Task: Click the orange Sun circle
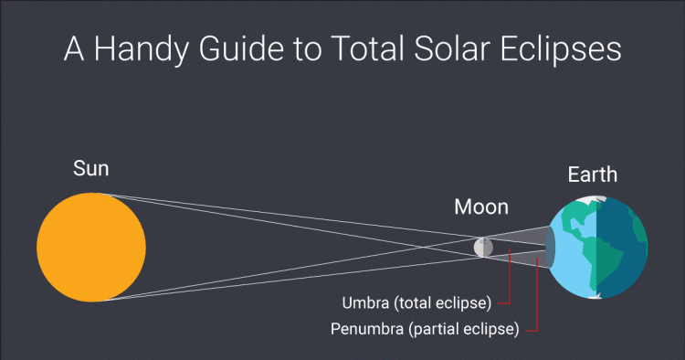click(91, 247)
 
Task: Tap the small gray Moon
click(483, 247)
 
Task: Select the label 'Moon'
click(481, 207)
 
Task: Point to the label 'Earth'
click(592, 175)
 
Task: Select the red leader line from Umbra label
click(508, 283)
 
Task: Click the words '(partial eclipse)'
click(466, 327)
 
